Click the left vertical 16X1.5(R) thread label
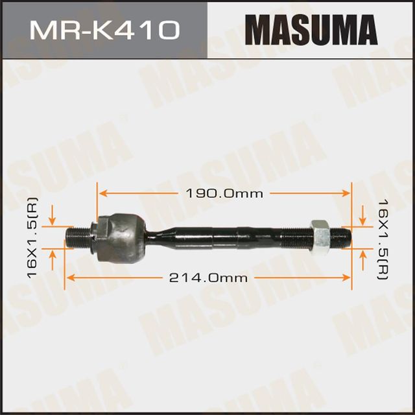click(x=32, y=237)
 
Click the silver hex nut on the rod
click(x=320, y=237)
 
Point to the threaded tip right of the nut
click(x=341, y=237)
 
